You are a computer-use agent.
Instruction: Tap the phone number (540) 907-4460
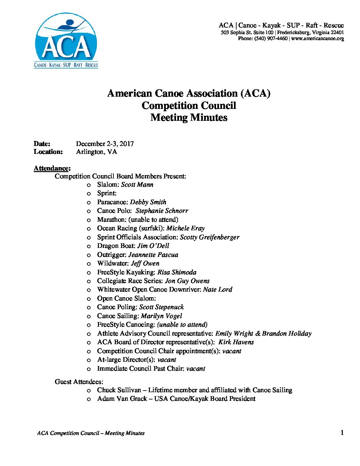[271, 38]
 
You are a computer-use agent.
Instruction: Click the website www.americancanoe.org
[318, 38]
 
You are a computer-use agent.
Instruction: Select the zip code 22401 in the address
[337, 32]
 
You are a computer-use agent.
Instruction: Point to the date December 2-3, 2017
[105, 144]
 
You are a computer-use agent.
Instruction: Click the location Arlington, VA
[96, 152]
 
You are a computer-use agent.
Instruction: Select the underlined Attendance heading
[52, 168]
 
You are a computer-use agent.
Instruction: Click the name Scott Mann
[137, 185]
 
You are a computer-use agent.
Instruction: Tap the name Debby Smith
[148, 202]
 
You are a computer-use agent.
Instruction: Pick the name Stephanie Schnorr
[162, 211]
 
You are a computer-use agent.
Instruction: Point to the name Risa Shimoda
[177, 272]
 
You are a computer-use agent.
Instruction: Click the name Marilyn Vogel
[161, 316]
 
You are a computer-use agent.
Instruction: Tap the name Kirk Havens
[236, 342]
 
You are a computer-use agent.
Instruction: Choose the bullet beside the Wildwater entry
[89, 264]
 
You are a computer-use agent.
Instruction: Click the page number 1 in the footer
[342, 433]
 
